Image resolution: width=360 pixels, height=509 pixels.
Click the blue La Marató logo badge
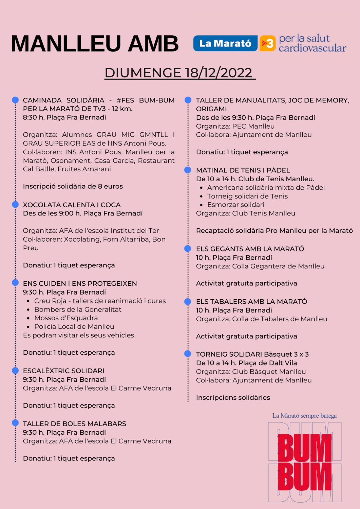(x=225, y=43)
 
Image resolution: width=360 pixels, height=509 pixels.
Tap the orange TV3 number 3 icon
(x=267, y=43)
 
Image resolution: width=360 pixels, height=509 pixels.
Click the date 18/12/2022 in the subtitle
(x=219, y=73)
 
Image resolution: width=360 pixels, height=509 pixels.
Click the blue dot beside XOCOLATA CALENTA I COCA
(x=15, y=204)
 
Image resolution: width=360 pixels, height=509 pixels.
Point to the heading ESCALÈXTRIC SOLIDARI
(x=63, y=371)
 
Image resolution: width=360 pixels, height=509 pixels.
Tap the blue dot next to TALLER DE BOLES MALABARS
(x=15, y=422)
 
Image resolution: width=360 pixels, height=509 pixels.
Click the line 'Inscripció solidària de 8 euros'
(x=73, y=186)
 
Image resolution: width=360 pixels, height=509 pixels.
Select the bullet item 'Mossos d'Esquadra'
(x=66, y=318)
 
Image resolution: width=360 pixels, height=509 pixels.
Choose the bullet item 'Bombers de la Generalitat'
(x=78, y=309)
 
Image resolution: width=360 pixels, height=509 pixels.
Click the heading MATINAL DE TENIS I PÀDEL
(x=243, y=170)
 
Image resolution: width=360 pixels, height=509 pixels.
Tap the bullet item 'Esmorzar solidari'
(x=235, y=205)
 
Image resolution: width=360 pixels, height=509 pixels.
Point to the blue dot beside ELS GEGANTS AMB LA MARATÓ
(x=188, y=248)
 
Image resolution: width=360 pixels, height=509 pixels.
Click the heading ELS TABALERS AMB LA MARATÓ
(x=251, y=302)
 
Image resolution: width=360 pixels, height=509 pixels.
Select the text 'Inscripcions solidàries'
(x=233, y=397)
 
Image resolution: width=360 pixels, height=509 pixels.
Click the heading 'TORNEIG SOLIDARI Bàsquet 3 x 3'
(x=252, y=354)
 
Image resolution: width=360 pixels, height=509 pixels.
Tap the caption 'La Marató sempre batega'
(x=304, y=416)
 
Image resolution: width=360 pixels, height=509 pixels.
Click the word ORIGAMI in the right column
(x=211, y=109)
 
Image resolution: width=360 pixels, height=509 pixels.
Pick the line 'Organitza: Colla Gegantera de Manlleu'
(x=260, y=266)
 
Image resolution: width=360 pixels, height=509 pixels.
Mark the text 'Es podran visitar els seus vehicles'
(x=78, y=335)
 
